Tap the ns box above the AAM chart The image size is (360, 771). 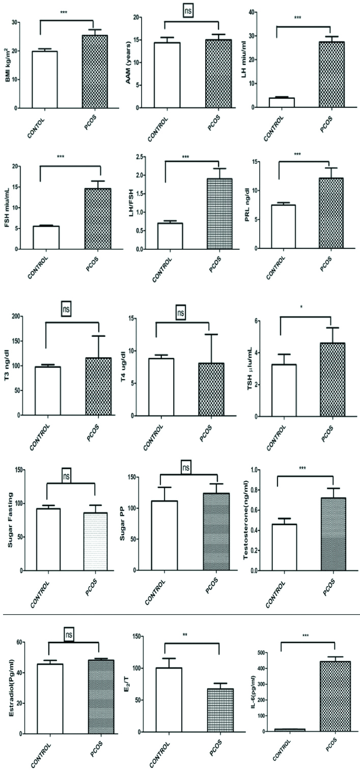tap(191, 11)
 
